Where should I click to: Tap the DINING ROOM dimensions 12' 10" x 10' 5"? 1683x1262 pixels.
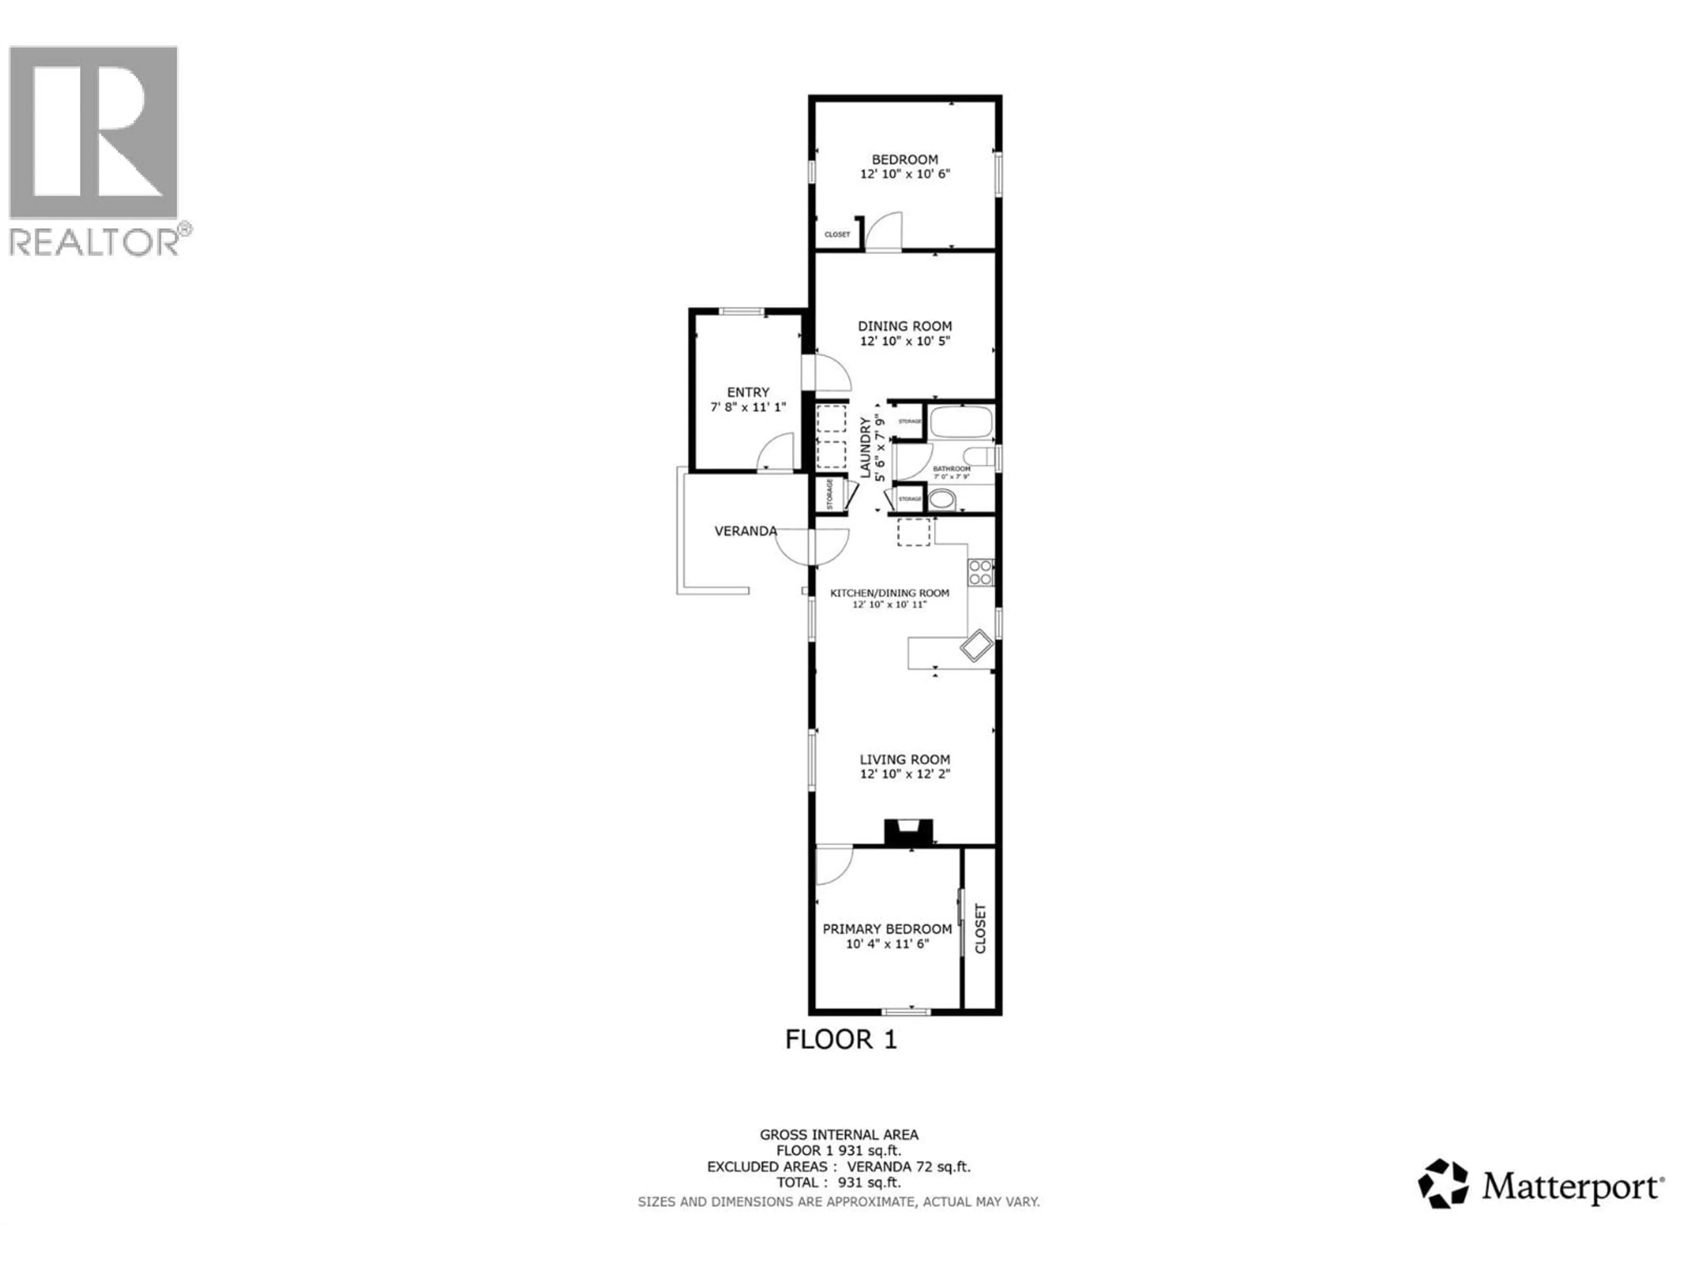tap(905, 341)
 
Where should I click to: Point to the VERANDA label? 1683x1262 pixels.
tap(745, 531)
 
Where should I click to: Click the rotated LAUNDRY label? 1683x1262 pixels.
tap(865, 447)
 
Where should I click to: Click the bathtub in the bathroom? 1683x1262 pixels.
tap(962, 422)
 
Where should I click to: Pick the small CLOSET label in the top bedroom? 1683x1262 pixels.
tap(837, 234)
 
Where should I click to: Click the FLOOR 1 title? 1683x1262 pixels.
tap(841, 1039)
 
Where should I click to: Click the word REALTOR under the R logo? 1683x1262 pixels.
tap(94, 242)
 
